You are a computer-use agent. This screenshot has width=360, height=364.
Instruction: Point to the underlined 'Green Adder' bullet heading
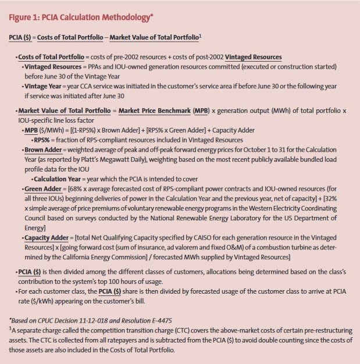42,189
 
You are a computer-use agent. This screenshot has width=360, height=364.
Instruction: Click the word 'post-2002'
209,58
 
